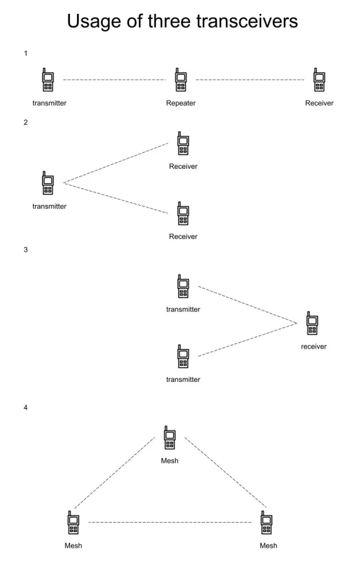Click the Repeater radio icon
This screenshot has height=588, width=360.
[x=181, y=81]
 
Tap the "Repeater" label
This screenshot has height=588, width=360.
[x=181, y=103]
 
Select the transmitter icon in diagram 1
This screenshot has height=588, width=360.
[x=48, y=81]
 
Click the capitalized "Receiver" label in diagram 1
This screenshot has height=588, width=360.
[x=319, y=103]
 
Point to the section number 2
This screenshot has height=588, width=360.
[x=26, y=122]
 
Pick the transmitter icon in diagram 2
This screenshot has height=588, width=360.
[x=48, y=183]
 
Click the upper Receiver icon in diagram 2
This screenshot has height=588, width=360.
[x=183, y=144]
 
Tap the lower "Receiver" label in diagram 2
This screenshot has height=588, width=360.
[x=183, y=237]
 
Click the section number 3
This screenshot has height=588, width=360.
[x=26, y=250]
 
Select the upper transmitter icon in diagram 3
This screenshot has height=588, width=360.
[x=183, y=287]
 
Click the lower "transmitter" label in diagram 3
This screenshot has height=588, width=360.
[x=183, y=380]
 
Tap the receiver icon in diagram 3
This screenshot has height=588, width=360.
[x=312, y=324]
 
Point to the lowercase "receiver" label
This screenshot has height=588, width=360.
[x=313, y=346]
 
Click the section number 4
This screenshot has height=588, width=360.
[x=26, y=408]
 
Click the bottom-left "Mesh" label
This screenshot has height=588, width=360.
[x=73, y=546]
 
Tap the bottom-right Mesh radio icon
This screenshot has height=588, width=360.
[x=266, y=523]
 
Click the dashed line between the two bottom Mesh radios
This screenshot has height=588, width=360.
[x=170, y=523]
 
